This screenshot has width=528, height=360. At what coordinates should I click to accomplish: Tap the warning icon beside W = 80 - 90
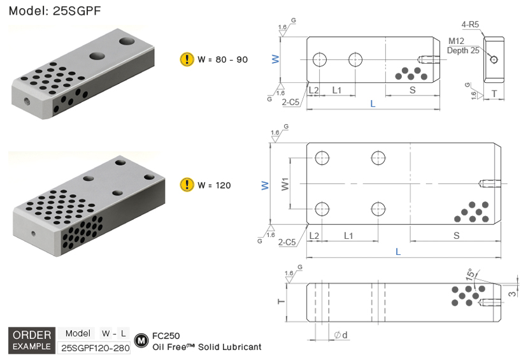[187, 59]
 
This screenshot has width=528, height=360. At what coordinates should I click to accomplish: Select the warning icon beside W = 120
[187, 185]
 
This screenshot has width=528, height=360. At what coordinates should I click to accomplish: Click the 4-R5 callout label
[471, 25]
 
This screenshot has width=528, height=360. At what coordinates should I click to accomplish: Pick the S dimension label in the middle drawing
[456, 236]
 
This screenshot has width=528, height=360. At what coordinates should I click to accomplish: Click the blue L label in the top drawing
[373, 103]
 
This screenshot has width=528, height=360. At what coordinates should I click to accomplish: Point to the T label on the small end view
[495, 94]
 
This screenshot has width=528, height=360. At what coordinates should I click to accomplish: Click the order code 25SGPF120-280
[94, 348]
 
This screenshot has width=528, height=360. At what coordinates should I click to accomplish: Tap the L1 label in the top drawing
[337, 90]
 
